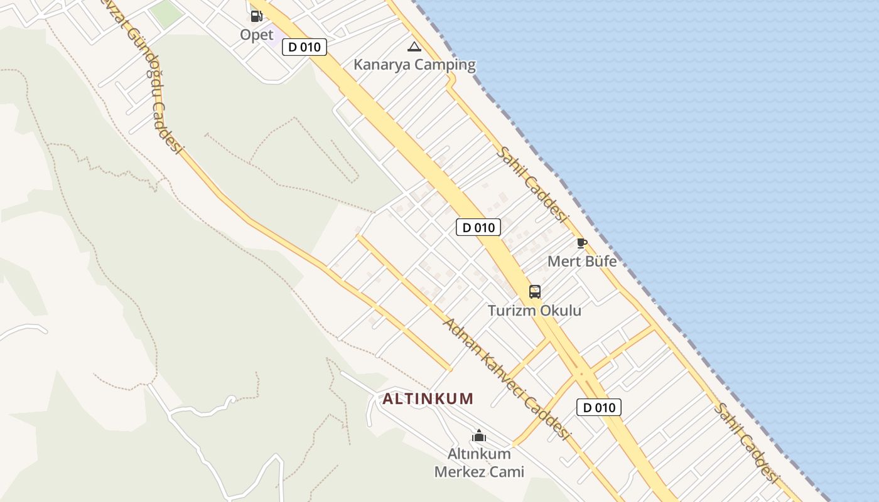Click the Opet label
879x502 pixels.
pos(257,35)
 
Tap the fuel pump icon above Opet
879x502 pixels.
pos(256,16)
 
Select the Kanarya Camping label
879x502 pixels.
pos(414,65)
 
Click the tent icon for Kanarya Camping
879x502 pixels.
pos(414,46)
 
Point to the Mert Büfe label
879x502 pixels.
pos(582,261)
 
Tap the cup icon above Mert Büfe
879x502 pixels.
pos(582,243)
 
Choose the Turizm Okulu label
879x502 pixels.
pos(535,311)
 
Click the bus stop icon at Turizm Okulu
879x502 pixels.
pos(535,292)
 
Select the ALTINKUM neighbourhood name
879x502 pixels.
pos(428,398)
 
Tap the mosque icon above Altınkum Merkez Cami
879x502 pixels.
pos(479,435)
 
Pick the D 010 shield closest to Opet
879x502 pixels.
pos(305,47)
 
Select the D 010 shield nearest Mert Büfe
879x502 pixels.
pos(478,227)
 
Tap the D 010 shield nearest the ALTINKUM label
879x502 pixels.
pos(599,407)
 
